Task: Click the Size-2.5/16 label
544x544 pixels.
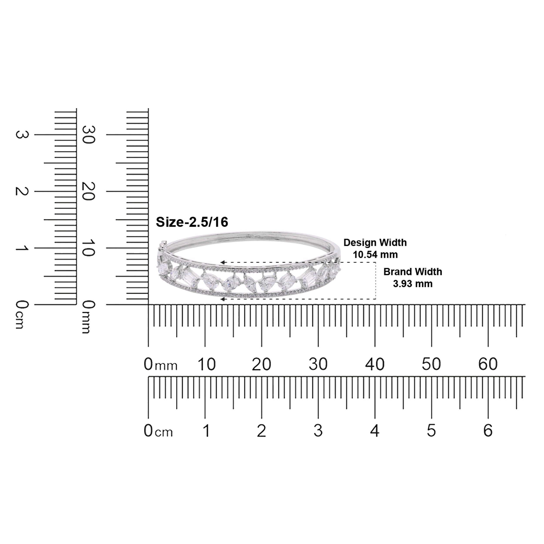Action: (x=192, y=222)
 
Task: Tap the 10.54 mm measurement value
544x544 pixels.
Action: (x=375, y=255)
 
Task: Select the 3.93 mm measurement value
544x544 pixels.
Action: (x=413, y=284)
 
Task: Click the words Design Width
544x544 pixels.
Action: (x=375, y=243)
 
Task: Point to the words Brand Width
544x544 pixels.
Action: (x=413, y=272)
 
